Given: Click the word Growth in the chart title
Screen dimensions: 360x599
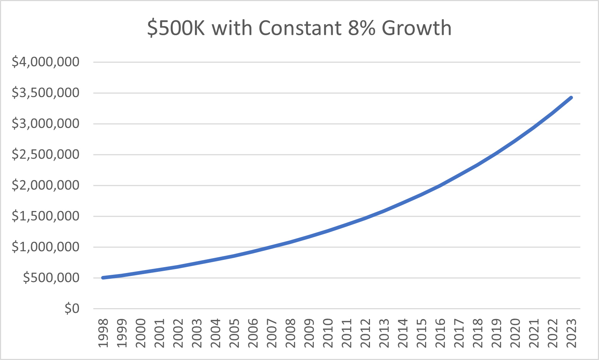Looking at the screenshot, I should coord(417,28).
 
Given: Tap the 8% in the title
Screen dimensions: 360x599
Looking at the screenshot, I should coord(361,28).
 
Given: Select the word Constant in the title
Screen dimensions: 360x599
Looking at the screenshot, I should coord(300,28).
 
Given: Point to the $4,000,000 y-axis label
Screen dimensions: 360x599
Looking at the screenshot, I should coord(46,62).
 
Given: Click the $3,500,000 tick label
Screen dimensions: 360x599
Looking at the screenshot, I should coord(46,93).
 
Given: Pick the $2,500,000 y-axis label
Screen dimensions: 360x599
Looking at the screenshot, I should coord(46,154).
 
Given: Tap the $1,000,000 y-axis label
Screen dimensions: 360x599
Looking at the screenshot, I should coord(46,247).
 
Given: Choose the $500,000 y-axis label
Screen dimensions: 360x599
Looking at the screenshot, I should coord(51,278).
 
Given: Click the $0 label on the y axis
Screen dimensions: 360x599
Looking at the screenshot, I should coord(72,309).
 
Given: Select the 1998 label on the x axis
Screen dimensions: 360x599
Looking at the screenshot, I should coord(103,333).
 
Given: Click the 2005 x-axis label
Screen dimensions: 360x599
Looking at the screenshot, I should coord(234,333).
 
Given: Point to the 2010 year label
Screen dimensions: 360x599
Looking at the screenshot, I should coord(328,333).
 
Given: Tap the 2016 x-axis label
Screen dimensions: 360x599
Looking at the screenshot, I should coord(440,333).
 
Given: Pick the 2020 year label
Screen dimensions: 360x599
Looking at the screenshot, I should coord(515,333).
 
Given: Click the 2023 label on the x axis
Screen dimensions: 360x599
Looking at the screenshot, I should coord(571,333).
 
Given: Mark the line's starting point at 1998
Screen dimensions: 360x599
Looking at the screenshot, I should coord(103,278).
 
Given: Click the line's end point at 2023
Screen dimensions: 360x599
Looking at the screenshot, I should coord(571,98).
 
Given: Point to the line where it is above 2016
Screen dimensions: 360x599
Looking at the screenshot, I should coord(440,185).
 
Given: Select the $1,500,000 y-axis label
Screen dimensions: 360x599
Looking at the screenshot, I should coord(46,216).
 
